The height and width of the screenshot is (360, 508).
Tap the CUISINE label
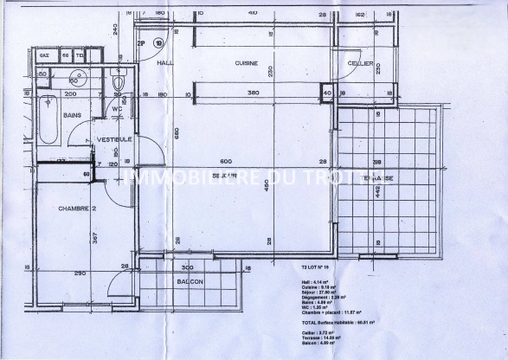click(x=247, y=64)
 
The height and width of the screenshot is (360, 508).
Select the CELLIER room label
click(x=360, y=64)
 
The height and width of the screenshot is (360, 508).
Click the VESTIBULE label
click(x=113, y=139)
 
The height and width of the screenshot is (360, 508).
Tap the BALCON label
click(x=190, y=281)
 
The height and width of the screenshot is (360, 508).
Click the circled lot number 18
click(x=158, y=42)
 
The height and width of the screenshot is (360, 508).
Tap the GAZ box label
click(x=43, y=55)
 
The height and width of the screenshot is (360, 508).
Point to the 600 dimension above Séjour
click(x=226, y=162)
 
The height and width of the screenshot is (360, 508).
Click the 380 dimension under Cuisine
click(x=254, y=93)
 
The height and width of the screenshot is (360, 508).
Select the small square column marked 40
click(x=326, y=93)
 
